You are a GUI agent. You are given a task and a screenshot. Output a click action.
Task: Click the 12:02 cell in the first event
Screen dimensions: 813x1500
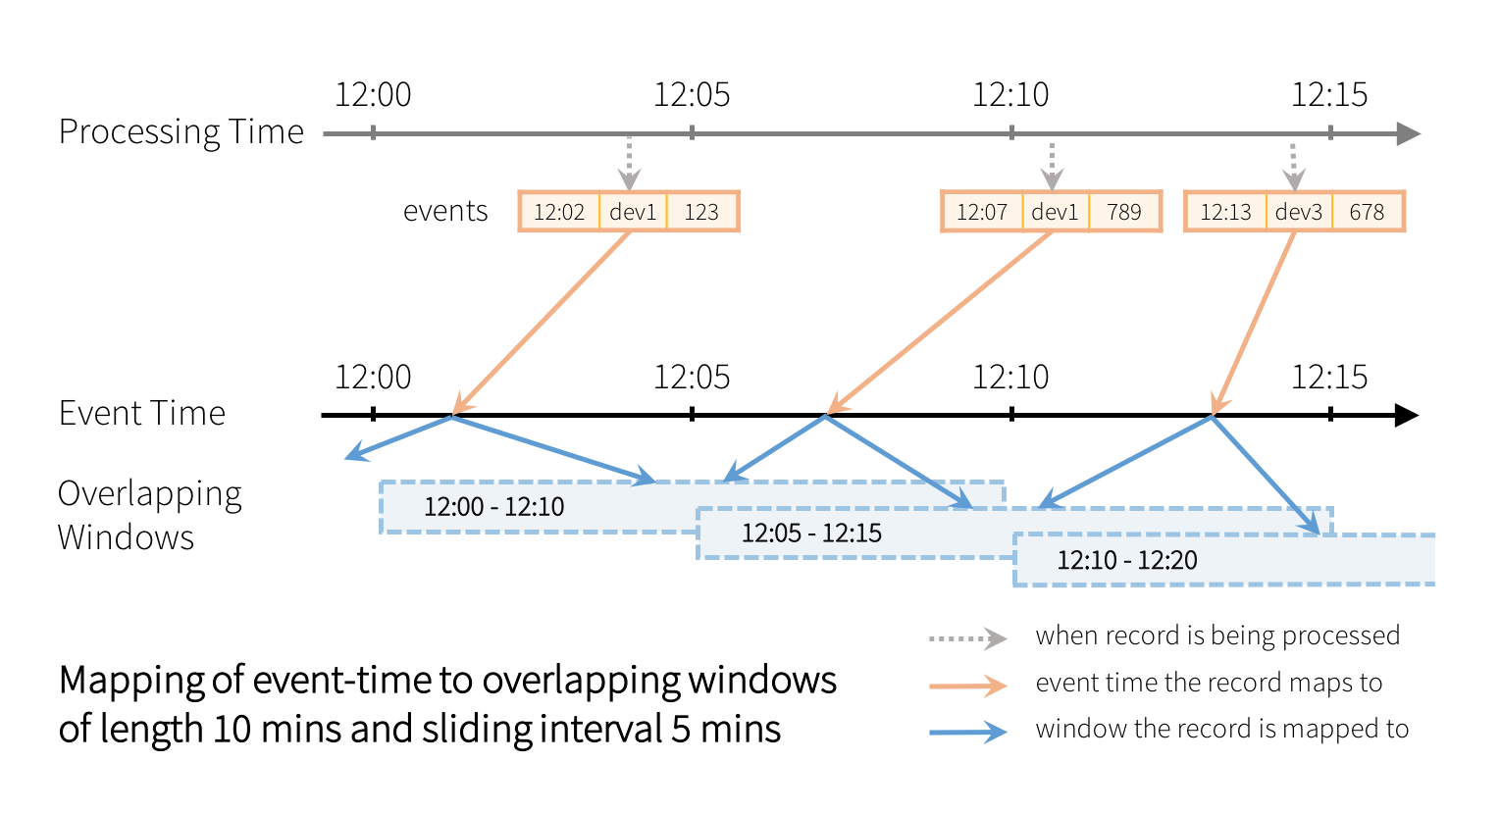pyautogui.click(x=559, y=212)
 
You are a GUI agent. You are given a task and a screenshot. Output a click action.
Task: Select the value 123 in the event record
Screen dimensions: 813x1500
pyautogui.click(x=701, y=212)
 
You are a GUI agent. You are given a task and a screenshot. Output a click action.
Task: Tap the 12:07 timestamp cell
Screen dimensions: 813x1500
pyautogui.click(x=982, y=212)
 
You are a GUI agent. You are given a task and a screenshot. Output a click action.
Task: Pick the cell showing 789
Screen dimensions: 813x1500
pyautogui.click(x=1124, y=212)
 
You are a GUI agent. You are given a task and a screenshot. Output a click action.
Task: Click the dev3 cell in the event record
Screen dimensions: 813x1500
pyautogui.click(x=1299, y=212)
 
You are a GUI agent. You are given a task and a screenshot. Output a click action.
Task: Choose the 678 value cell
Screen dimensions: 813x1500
pyautogui.click(x=1367, y=212)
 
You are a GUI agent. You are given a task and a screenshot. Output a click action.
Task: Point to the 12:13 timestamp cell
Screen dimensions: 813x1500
pyautogui.click(x=1225, y=212)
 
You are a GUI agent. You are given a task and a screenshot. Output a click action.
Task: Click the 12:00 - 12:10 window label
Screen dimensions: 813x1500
pyautogui.click(x=494, y=507)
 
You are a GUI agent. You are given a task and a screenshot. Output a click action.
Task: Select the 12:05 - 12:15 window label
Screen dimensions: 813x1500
pyautogui.click(x=811, y=534)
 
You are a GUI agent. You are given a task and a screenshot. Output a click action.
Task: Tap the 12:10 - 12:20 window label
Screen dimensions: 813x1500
pyautogui.click(x=1127, y=561)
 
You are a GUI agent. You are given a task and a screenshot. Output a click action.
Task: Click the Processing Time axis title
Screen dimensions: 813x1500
pyautogui.click(x=181, y=131)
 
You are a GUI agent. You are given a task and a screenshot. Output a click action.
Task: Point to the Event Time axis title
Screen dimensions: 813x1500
pyautogui.click(x=142, y=413)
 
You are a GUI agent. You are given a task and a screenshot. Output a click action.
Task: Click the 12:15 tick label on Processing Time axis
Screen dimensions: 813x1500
pyautogui.click(x=1329, y=95)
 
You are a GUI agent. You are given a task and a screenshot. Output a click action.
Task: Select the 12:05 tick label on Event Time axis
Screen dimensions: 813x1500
pyautogui.click(x=692, y=378)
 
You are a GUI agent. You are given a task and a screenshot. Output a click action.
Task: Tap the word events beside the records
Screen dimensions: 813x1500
pyautogui.click(x=445, y=212)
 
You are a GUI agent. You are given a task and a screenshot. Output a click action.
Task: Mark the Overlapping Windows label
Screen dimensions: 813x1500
pyautogui.click(x=149, y=515)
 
